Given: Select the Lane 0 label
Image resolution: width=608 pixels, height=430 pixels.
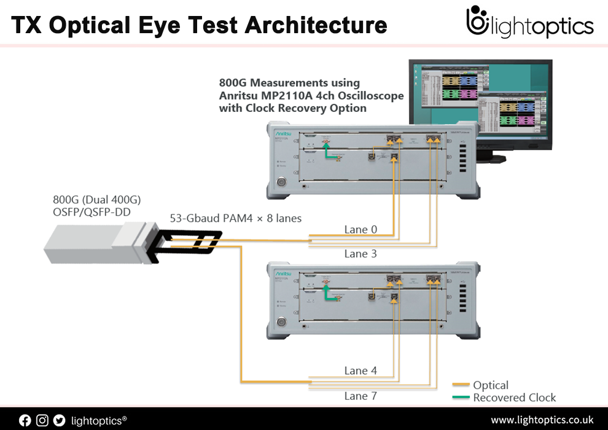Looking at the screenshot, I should point(361,230).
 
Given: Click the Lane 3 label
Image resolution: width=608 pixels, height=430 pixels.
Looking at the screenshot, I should point(361,254).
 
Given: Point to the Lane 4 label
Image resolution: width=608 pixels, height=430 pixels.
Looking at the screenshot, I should point(361,370).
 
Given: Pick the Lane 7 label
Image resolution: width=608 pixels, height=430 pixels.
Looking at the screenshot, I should point(361,396).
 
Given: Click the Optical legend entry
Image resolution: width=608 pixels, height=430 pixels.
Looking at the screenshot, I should point(490,385).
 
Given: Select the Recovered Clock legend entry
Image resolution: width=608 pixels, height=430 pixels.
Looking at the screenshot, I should point(514,397).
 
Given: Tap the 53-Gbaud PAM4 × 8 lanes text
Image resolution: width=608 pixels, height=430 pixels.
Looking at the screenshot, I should point(236,218).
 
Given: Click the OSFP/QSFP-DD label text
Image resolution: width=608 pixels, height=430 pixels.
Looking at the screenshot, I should point(92,212).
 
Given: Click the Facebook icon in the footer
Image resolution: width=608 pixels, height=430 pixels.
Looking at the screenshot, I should point(25,420).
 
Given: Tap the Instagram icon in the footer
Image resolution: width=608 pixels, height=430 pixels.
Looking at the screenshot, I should point(42,420).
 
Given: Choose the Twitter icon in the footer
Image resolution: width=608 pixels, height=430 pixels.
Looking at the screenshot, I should point(59,420).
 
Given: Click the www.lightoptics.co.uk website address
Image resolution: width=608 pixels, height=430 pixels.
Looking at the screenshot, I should point(542,420).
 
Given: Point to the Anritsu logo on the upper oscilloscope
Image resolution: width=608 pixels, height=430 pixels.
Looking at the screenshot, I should point(284,130).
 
